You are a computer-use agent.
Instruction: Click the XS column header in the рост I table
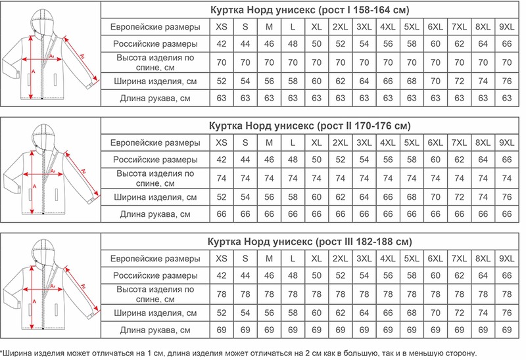coord(222,27)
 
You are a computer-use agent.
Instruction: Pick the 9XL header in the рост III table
coord(506,258)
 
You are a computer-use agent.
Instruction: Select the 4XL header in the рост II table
coord(388,143)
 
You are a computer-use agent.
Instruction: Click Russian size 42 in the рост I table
coord(222,44)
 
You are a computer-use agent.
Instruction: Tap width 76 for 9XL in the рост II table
coord(506,196)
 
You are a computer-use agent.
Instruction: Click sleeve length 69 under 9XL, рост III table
coord(506,328)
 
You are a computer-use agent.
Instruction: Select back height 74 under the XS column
coord(222,178)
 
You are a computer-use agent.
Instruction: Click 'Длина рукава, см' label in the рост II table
coord(155,214)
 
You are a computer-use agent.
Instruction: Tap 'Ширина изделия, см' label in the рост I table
coord(155,81)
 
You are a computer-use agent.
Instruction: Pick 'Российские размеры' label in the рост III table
coord(155,275)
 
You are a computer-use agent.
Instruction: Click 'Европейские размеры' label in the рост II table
coord(155,143)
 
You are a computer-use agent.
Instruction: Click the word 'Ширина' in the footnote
coord(20,353)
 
